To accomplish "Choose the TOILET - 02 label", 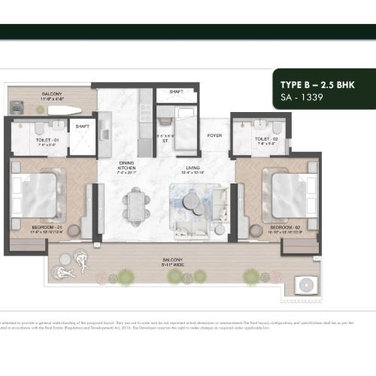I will pyautogui.click(x=267, y=139).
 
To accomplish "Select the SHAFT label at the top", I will pyautogui.click(x=176, y=92).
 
